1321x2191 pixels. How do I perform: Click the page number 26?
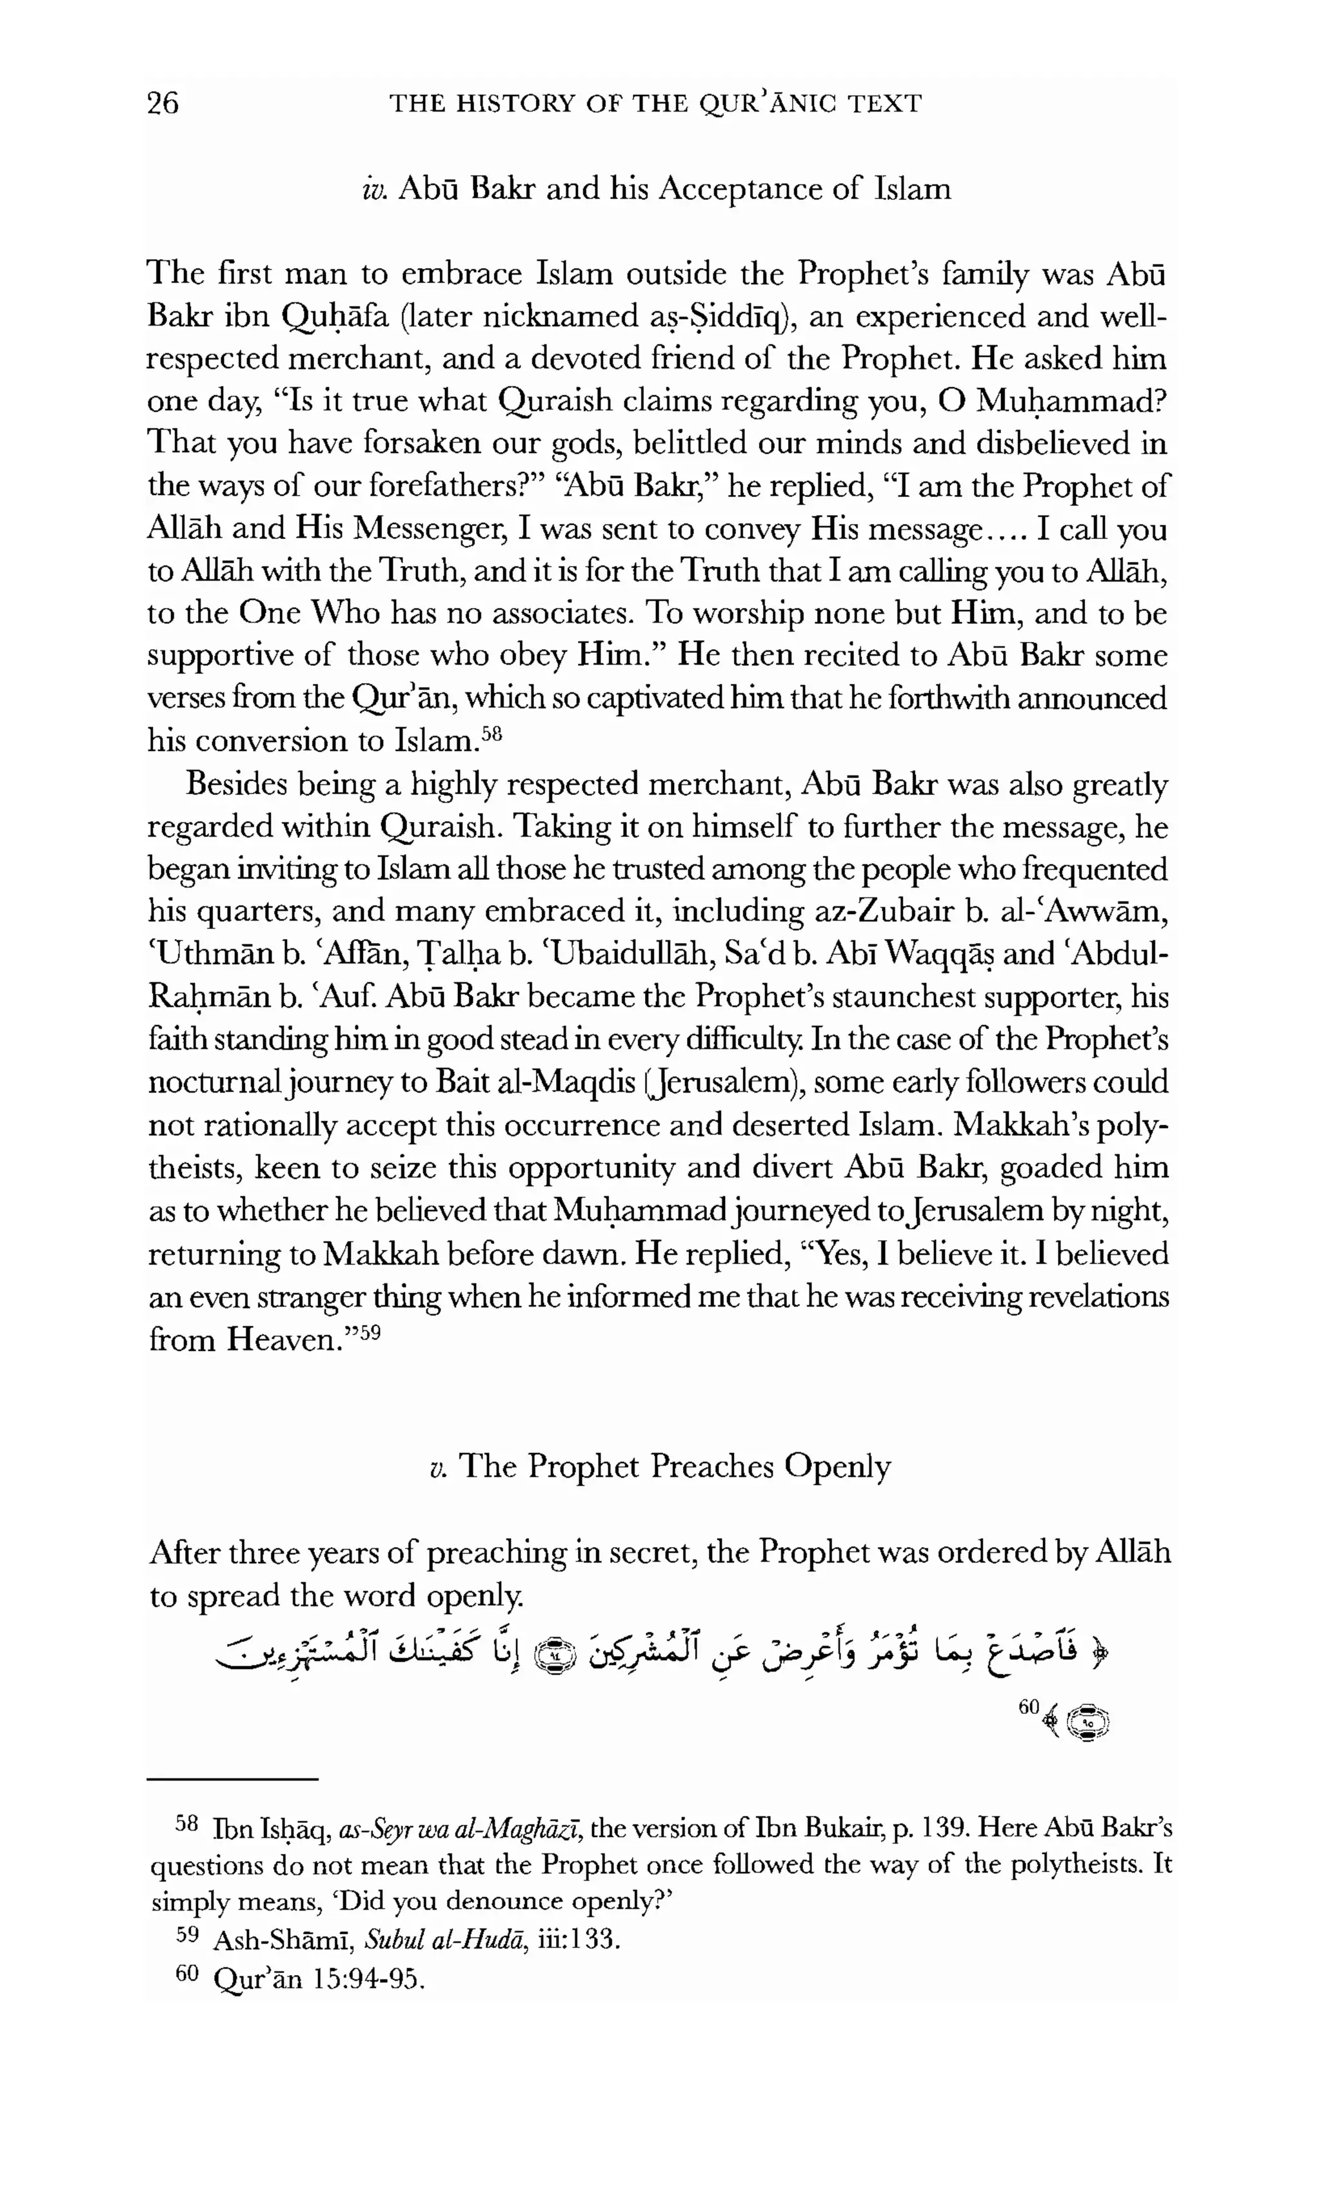(x=163, y=103)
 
